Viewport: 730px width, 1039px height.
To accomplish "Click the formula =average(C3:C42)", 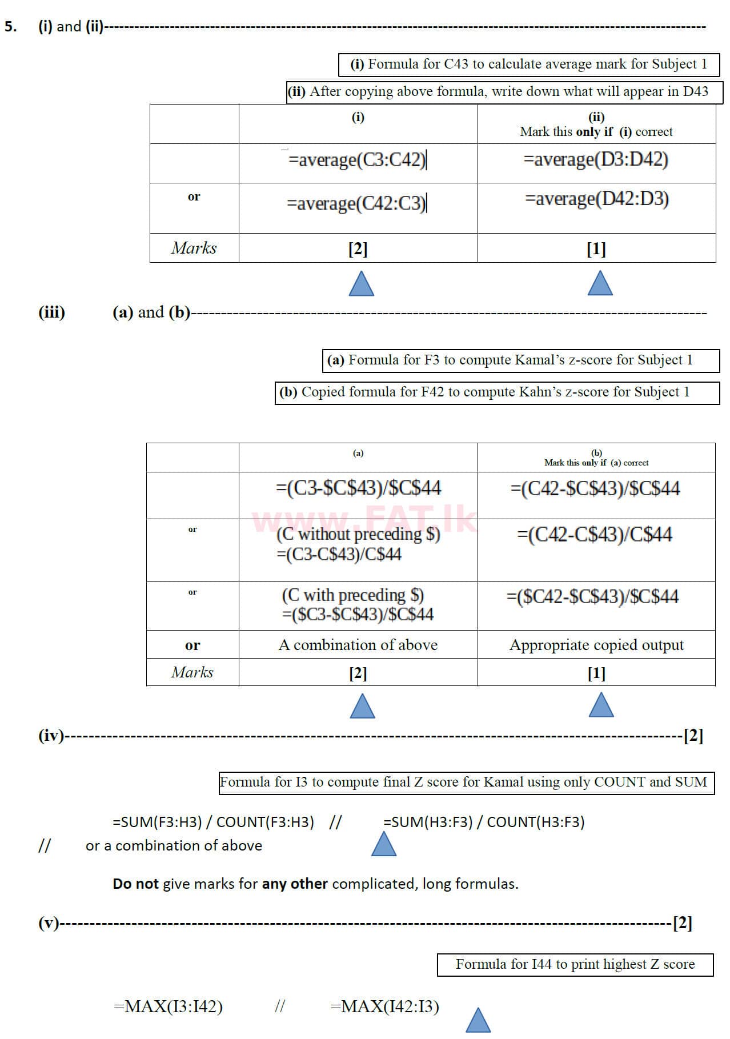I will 357,160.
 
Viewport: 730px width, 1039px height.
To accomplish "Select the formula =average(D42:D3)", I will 596,199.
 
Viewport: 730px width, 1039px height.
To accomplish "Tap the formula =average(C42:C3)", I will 356,203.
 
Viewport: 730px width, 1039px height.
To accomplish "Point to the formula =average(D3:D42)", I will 596,159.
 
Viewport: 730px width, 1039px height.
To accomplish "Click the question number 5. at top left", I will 10,26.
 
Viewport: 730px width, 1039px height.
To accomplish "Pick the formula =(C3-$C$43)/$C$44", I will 358,488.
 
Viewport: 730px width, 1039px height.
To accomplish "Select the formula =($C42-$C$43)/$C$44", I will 592,597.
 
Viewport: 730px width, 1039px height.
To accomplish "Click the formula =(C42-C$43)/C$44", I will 594,535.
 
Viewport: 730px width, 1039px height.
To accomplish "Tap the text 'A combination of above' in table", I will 358,645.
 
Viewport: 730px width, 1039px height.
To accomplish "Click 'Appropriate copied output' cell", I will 596,645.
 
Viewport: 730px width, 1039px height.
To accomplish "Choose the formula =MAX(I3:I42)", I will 168,1006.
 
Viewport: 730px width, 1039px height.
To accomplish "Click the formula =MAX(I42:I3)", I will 384,1006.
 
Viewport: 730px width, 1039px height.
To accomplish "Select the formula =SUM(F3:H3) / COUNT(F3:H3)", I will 213,822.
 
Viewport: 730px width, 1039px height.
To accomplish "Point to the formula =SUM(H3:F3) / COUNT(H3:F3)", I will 484,822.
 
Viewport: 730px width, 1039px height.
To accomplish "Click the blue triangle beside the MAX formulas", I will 478,1021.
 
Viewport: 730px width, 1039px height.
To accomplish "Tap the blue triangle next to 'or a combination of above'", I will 384,844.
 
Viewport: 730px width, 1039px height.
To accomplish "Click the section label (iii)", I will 51,312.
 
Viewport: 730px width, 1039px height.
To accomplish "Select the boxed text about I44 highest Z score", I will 575,965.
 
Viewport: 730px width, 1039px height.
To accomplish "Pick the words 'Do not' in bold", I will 135,884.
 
